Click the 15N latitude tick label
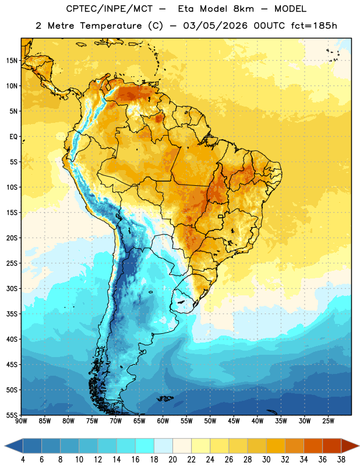pyautogui.click(x=12, y=61)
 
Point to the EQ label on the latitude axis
pyautogui.click(x=13, y=137)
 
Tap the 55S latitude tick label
pyautogui.click(x=12, y=415)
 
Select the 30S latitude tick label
pyautogui.click(x=12, y=288)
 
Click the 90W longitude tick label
pyautogui.click(x=21, y=421)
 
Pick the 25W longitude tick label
pyautogui.click(x=328, y=421)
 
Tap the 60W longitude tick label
pyautogui.click(x=163, y=421)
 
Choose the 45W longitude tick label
pyautogui.click(x=234, y=421)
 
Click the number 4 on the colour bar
pyautogui.click(x=23, y=460)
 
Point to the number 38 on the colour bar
pyautogui.click(x=341, y=460)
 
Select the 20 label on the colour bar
pyautogui.click(x=172, y=460)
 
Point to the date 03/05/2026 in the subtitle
pyautogui.click(x=215, y=26)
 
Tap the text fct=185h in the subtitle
pyautogui.click(x=314, y=26)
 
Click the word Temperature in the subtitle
pyautogui.click(x=111, y=26)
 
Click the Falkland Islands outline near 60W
pyautogui.click(x=165, y=398)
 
